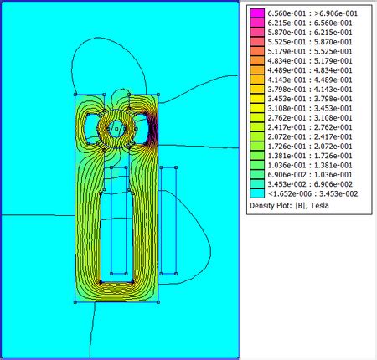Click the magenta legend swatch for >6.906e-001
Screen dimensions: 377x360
pos(257,13)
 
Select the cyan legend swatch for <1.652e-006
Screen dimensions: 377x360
pos(257,193)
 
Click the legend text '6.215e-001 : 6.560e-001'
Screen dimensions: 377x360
pos(310,23)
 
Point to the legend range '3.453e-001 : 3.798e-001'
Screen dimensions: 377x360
pos(310,99)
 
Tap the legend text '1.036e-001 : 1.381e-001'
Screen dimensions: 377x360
pos(310,165)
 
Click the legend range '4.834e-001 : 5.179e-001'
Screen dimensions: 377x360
pos(310,61)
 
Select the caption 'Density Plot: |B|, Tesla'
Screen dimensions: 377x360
pos(289,206)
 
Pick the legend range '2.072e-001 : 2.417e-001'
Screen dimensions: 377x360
pos(310,136)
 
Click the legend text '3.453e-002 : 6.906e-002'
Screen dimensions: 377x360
pos(310,184)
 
